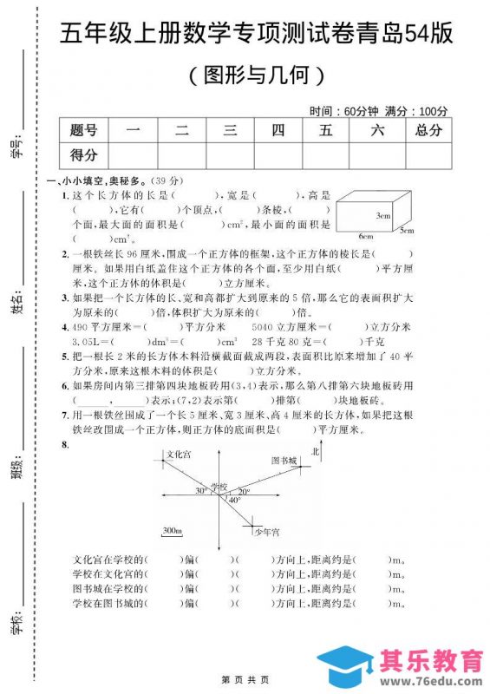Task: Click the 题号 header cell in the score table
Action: [84, 131]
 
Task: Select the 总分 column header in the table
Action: [428, 131]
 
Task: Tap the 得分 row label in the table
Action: [84, 155]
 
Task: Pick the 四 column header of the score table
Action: [278, 131]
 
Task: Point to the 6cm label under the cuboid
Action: [365, 236]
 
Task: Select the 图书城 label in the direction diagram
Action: [284, 460]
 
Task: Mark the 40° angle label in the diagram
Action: [234, 501]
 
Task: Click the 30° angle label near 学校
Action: [201, 491]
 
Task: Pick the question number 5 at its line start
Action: [65, 357]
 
